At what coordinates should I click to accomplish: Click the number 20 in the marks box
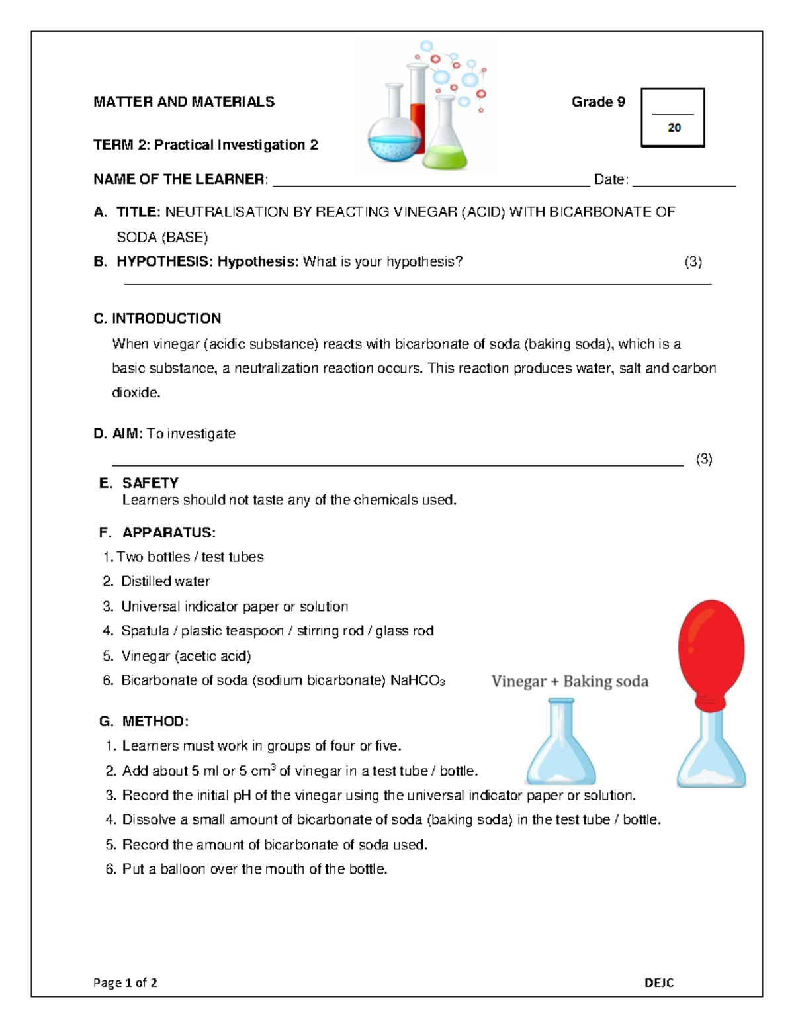click(674, 128)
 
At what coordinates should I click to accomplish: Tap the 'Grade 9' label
click(598, 102)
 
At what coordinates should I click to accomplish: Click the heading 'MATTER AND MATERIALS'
click(184, 102)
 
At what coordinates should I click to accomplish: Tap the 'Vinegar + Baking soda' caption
click(570, 682)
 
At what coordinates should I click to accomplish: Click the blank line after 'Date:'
click(684, 185)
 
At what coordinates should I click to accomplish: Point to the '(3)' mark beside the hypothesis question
click(693, 262)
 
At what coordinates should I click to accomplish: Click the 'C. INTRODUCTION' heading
click(157, 318)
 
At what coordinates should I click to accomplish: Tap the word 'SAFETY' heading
click(150, 483)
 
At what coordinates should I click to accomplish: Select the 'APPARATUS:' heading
click(169, 533)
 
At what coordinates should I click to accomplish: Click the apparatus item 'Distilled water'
click(165, 581)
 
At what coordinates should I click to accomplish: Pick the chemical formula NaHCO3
click(418, 680)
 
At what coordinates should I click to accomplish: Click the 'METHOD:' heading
click(155, 722)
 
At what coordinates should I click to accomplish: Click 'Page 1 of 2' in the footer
click(125, 983)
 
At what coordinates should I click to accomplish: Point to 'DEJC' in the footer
click(659, 983)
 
